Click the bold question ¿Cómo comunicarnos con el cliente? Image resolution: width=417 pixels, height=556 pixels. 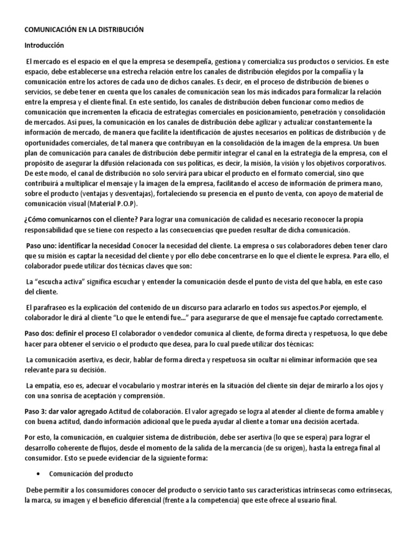[81, 219]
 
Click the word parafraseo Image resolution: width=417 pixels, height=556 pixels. [52, 307]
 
